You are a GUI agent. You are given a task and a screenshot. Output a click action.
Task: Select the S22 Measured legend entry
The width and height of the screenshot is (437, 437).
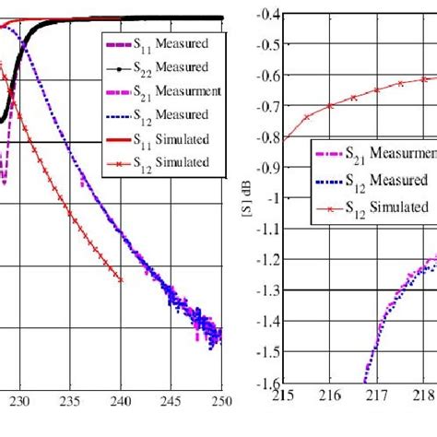(158, 68)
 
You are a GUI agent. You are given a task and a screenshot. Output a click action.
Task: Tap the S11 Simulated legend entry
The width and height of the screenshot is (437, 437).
(158, 140)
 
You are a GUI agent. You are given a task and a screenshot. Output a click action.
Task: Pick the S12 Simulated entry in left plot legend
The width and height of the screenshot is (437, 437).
(158, 163)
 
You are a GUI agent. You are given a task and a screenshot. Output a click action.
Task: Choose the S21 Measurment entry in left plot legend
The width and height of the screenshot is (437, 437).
(158, 92)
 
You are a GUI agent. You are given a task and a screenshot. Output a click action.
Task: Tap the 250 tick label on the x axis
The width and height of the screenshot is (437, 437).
(221, 402)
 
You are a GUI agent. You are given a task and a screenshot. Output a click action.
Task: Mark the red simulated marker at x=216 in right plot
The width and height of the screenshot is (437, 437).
(329, 106)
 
